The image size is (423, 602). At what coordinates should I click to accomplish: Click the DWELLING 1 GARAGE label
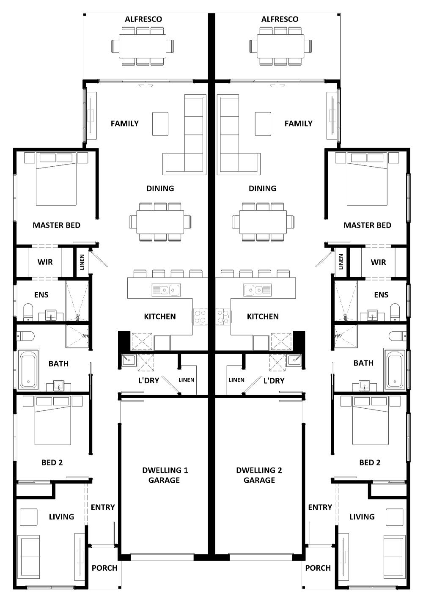[x=164, y=475]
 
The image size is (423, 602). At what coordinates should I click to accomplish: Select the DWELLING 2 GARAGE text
[x=259, y=475]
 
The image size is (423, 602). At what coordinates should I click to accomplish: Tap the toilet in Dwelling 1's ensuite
[x=28, y=311]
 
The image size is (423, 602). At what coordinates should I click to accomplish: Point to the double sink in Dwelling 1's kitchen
[x=166, y=290]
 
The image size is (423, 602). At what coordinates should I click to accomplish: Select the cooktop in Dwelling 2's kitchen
[x=222, y=316]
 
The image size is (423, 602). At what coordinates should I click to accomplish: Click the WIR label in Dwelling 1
[x=45, y=262]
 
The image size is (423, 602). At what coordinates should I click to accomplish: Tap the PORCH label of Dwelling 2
[x=318, y=568]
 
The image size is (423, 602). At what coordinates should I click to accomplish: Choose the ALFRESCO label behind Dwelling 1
[x=143, y=19]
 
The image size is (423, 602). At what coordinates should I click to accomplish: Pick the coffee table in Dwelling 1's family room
[x=160, y=124]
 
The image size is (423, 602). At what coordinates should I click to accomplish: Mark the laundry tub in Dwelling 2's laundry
[x=294, y=360]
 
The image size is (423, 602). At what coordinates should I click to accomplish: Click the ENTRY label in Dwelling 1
[x=103, y=507]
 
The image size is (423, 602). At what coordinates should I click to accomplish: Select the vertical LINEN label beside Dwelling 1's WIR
[x=82, y=262]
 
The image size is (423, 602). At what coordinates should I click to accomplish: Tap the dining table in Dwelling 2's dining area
[x=263, y=222]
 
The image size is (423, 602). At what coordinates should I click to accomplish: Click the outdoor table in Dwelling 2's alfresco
[x=280, y=46]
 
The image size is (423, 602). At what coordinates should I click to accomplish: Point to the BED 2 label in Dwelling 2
[x=370, y=462]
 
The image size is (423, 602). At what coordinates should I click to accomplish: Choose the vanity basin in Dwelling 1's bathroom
[x=58, y=385]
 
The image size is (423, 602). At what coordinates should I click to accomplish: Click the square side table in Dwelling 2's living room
[x=394, y=517]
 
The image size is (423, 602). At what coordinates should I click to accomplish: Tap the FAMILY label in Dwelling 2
[x=298, y=124]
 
